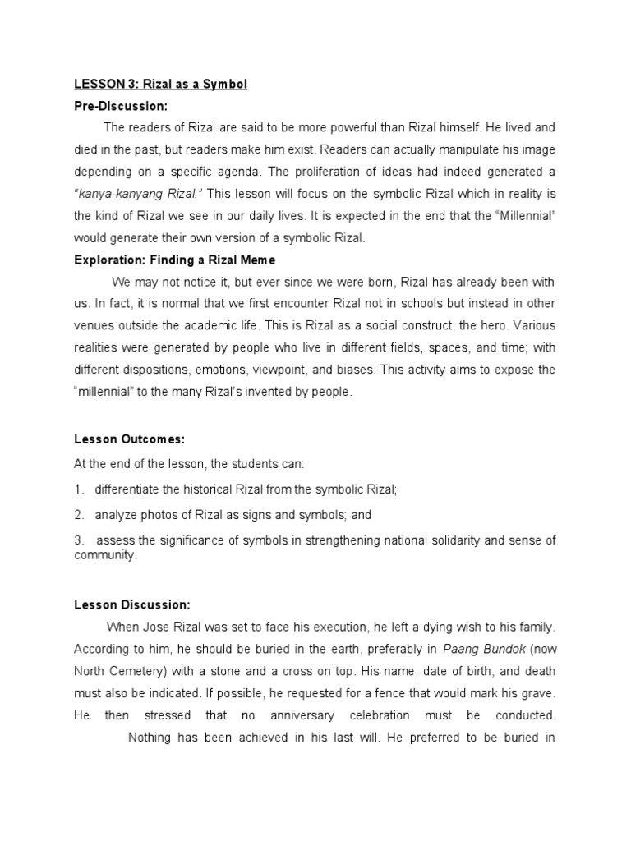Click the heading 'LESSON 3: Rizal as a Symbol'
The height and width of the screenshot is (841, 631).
pos(160,85)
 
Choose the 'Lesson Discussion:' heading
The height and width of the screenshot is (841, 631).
pos(131,604)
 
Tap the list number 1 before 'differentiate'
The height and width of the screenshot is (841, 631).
pos(79,489)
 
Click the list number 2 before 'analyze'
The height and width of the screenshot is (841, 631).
pos(79,515)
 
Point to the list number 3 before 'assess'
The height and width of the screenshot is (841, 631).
pos(79,540)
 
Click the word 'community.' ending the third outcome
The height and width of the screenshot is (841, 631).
pos(104,555)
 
